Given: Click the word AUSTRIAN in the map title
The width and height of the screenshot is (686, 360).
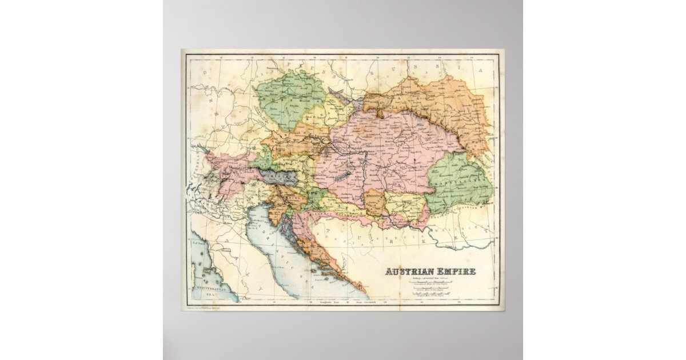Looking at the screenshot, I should [407, 271].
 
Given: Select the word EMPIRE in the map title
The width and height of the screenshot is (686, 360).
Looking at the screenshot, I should [454, 271].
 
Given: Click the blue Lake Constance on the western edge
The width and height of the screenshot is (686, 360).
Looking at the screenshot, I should [201, 149].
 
